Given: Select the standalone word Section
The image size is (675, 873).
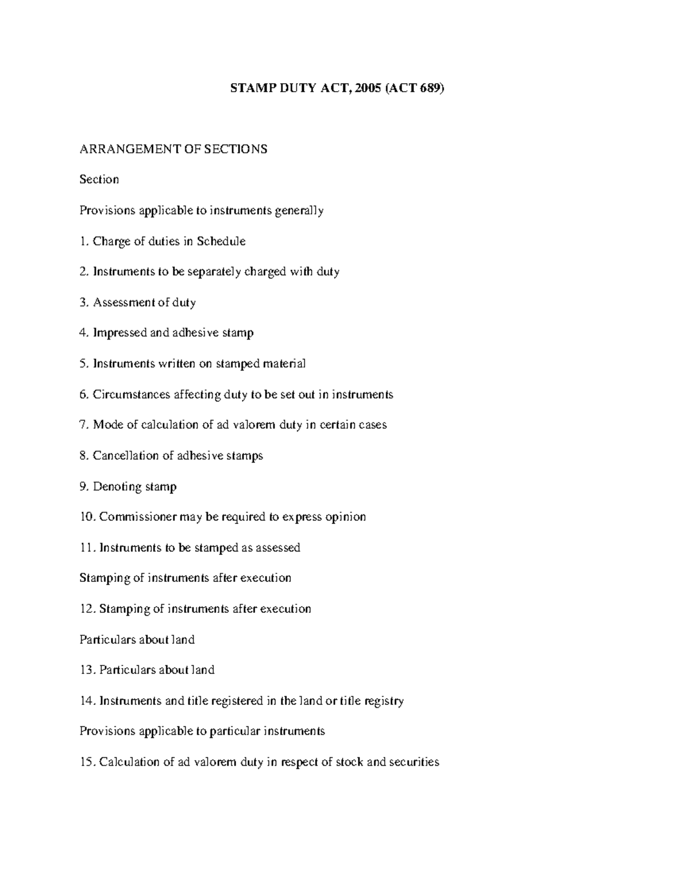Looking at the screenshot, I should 99,179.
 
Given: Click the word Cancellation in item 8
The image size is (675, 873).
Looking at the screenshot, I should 126,455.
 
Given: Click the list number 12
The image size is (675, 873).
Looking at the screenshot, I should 87,609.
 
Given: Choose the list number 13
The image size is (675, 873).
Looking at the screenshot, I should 87,670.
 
